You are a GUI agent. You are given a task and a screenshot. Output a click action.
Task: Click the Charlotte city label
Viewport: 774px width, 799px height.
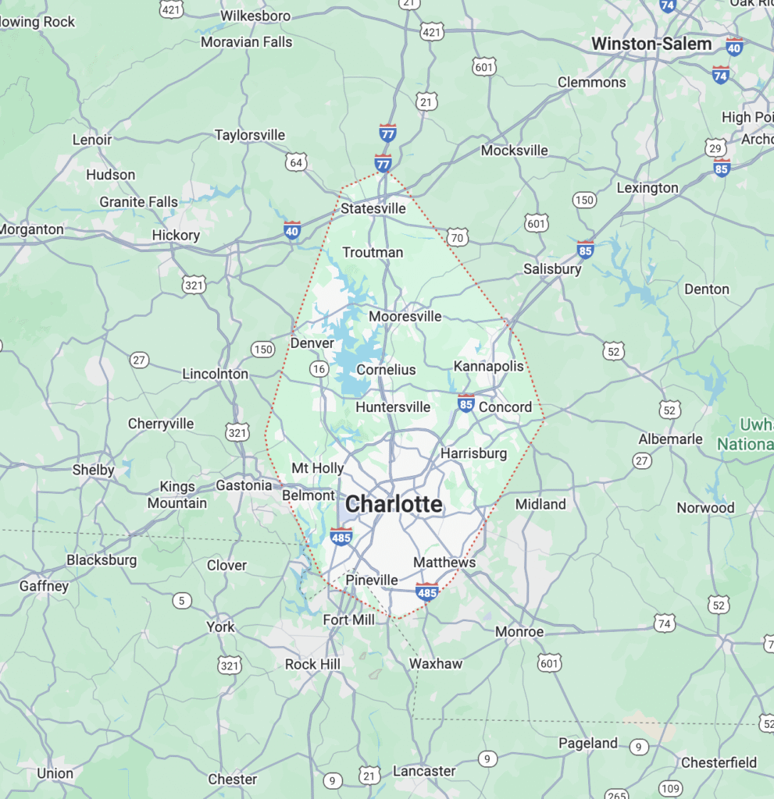394,504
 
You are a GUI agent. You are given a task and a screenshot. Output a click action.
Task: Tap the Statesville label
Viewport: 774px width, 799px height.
373,208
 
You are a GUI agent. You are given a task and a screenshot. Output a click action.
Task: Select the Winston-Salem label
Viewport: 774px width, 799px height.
651,44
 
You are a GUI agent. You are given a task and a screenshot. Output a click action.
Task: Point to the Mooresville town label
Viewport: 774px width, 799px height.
405,316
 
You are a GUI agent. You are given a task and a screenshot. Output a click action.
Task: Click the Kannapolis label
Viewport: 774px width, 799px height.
489,366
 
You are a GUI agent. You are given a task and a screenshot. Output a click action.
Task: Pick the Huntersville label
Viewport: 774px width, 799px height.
393,407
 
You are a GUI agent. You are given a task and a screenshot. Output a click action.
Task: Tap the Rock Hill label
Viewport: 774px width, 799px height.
312,665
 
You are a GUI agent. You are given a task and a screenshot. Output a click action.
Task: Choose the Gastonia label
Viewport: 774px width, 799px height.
244,485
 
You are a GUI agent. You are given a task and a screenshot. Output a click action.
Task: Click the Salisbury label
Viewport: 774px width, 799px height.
552,268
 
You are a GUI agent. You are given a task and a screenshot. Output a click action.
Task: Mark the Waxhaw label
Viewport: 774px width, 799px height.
436,664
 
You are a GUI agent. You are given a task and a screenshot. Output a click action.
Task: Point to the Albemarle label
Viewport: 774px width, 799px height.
670,439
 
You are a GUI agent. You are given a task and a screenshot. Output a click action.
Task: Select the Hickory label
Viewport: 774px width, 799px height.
176,235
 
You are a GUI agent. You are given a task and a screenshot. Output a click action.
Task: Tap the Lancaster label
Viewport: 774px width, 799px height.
424,771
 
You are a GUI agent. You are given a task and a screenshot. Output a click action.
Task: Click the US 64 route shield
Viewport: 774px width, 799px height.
296,162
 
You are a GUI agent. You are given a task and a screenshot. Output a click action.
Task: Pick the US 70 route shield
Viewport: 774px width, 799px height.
458,236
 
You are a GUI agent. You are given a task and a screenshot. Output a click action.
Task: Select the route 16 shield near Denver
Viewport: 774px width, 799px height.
319,368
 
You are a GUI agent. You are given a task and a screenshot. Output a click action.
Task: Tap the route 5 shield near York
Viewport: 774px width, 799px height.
182,600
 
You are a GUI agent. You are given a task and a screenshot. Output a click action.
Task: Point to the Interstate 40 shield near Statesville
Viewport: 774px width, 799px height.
292,230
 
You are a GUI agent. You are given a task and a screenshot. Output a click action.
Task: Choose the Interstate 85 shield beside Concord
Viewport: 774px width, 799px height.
466,403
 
